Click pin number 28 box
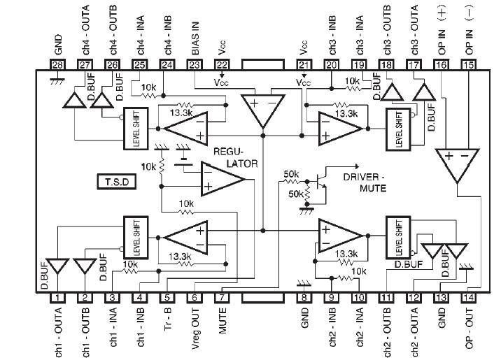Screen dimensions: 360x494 [57, 65]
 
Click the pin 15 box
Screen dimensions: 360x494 [469, 65]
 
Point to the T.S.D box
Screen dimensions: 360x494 [116, 182]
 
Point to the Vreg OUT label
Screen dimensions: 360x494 [195, 328]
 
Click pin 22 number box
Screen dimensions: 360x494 [223, 65]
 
